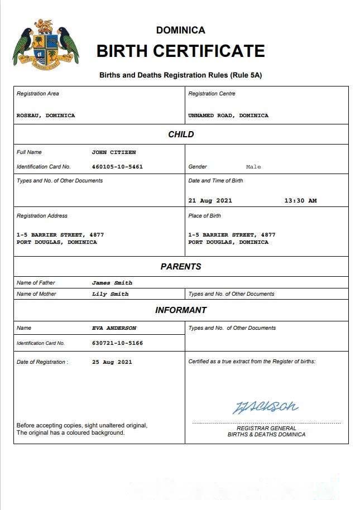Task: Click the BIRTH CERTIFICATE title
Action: pos(180,51)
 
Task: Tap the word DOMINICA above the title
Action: pos(180,30)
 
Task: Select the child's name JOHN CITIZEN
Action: pos(114,152)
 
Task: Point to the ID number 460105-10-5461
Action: pos(117,167)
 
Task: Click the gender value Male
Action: pos(253,167)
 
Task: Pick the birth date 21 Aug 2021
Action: pos(210,201)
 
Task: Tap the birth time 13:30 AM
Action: pos(300,201)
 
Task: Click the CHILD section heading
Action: pos(181,134)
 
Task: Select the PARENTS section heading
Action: pos(181,267)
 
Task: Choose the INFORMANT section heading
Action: pos(181,310)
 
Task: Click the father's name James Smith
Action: pos(112,283)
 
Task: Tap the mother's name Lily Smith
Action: pos(110,294)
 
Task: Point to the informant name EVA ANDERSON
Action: pos(114,328)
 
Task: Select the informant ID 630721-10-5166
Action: pos(117,343)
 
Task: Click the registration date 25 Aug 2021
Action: pos(112,362)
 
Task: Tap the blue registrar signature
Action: pos(265,407)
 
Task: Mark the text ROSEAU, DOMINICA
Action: pos(46,116)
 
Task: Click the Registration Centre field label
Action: pos(212,94)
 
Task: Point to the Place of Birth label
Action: pos(204,216)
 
